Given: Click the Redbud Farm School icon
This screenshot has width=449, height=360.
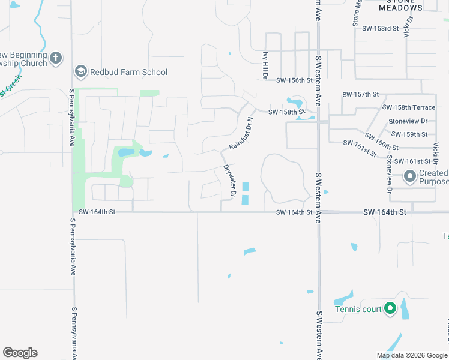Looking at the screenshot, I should (x=80, y=73).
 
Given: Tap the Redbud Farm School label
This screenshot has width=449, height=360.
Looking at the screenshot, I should (x=128, y=73).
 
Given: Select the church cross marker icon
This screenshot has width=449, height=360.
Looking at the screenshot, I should (x=56, y=58).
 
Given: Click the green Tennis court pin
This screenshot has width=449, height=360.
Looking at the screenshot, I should (x=390, y=309).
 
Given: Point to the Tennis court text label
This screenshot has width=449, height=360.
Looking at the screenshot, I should (x=358, y=310).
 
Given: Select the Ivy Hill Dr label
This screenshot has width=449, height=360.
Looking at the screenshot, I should (x=264, y=64).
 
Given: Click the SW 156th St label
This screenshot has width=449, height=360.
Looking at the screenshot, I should (x=295, y=80).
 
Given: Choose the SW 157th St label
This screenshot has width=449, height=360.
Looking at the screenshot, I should (x=361, y=95).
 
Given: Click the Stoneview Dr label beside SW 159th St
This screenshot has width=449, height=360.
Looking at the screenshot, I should (x=407, y=121).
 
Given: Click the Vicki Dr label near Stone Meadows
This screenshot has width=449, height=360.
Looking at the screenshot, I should (x=409, y=27).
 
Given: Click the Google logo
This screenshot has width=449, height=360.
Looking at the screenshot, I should (x=20, y=353).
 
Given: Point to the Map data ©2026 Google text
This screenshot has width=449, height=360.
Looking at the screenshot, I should (x=411, y=355).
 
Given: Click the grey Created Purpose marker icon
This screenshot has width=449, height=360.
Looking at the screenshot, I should (x=410, y=176).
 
